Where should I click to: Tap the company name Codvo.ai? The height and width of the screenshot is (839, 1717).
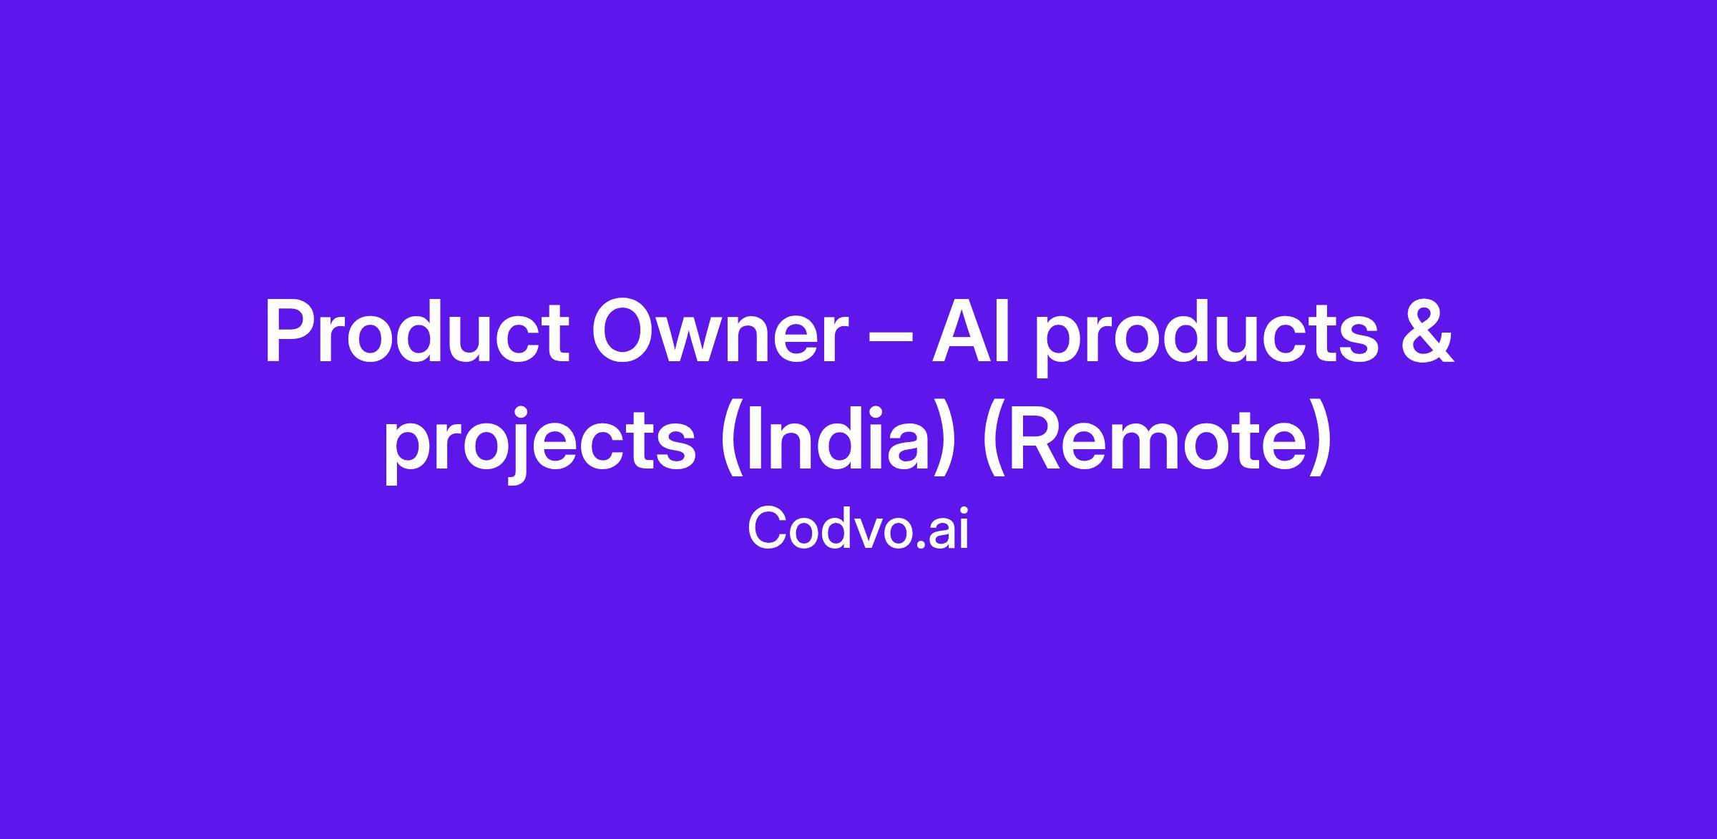pyautogui.click(x=858, y=527)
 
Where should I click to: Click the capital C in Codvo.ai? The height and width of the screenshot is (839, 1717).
pyautogui.click(x=766, y=528)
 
